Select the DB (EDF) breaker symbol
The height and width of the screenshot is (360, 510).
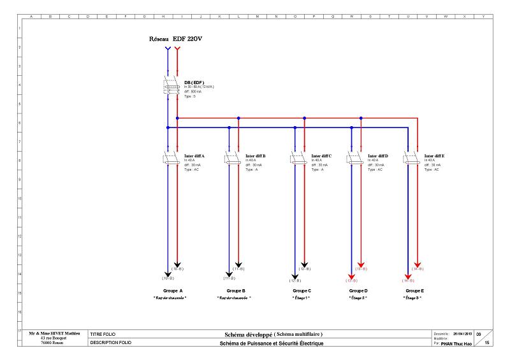click(171, 87)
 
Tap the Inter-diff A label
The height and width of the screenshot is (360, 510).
click(194, 155)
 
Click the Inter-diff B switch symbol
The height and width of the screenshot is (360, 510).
click(233, 159)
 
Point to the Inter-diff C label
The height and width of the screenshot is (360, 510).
click(321, 155)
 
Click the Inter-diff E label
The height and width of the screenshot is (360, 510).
click(435, 155)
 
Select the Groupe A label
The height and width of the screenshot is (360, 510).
click(173, 291)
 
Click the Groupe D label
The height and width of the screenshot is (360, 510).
click(358, 291)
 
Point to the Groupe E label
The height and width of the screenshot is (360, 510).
click(415, 291)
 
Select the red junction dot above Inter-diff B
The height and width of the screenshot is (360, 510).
click(238, 118)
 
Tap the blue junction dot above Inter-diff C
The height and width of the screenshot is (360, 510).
click(295, 127)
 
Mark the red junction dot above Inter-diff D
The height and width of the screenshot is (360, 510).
click(361, 118)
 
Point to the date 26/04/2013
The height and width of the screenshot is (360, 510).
click(463, 333)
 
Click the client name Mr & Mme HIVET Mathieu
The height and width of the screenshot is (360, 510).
click(50, 333)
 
